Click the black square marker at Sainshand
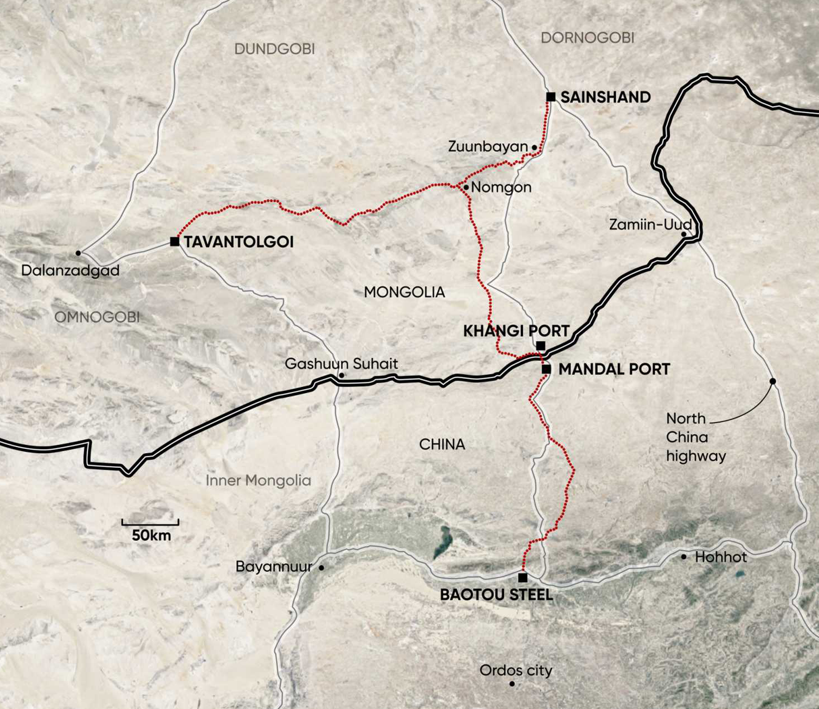coord(551,97)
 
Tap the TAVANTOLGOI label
coord(238,242)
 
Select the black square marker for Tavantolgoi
coord(175,241)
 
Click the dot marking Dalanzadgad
coord(78,253)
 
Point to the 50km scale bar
coord(150,523)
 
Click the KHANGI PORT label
coord(516,331)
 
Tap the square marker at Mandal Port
coord(546,369)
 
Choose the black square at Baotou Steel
coord(523,578)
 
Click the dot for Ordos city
coord(512,684)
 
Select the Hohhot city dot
coord(683,557)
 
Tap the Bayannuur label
coord(274,567)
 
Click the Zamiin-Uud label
coord(650,224)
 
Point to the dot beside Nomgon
coord(466,187)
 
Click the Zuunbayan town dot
coord(534,147)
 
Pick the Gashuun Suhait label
coord(341,364)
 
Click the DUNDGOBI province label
coord(274,49)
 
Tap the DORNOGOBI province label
coord(588,38)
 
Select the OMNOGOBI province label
coord(97,317)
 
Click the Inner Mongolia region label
coord(258,481)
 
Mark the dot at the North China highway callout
coord(773,382)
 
